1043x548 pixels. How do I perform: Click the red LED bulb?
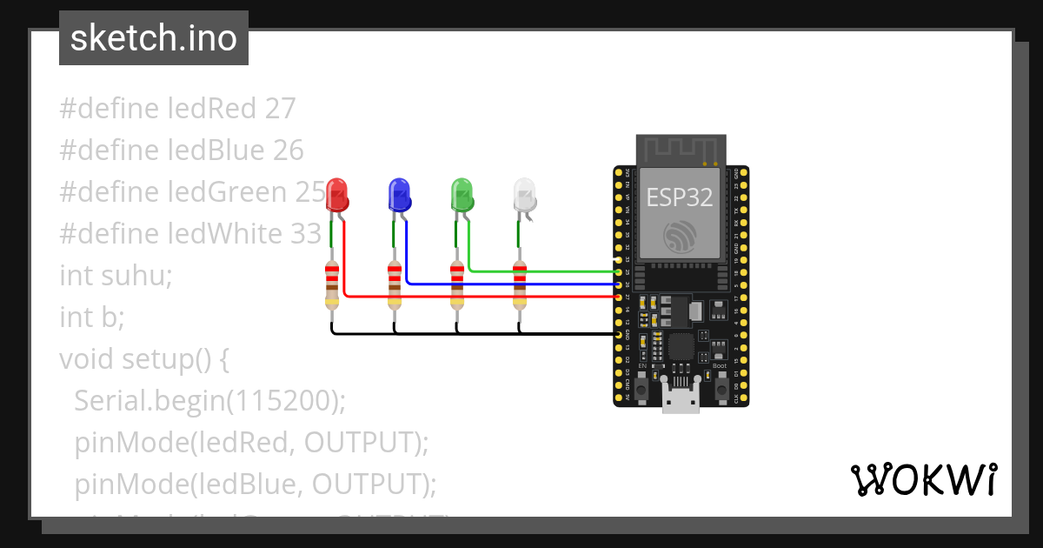336,194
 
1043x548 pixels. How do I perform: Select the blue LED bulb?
399,194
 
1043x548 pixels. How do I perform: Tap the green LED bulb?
462,194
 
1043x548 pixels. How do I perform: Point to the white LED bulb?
524,194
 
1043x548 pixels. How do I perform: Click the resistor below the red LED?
331,285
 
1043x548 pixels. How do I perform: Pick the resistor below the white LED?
520,285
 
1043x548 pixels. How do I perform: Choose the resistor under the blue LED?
394,285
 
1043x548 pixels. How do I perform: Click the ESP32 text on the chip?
679,197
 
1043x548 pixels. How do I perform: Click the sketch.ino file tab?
154,38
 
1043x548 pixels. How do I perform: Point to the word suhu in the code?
136,276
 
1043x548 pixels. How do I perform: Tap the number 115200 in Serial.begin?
282,401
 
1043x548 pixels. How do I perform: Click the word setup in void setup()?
165,359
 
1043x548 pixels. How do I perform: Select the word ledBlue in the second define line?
216,150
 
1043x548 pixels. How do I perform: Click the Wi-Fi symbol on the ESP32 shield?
679,236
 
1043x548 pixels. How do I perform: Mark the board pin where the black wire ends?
618,334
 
